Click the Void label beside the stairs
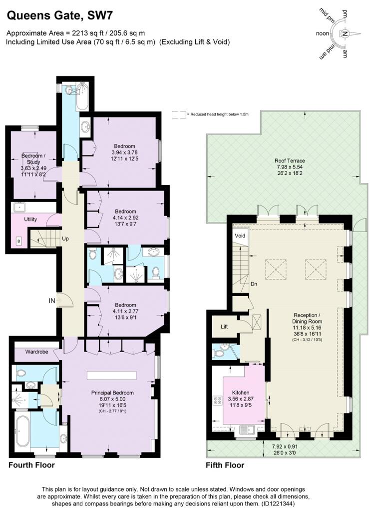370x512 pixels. point(240,235)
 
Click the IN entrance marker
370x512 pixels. point(51,300)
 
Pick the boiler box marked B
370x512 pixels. point(19,240)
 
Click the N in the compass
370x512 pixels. point(345,34)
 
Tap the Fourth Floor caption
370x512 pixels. point(31,465)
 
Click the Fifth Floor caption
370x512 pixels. point(225,465)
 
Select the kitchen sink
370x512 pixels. point(247,428)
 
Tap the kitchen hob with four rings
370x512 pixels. point(218,400)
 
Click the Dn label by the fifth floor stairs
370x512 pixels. point(254,283)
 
